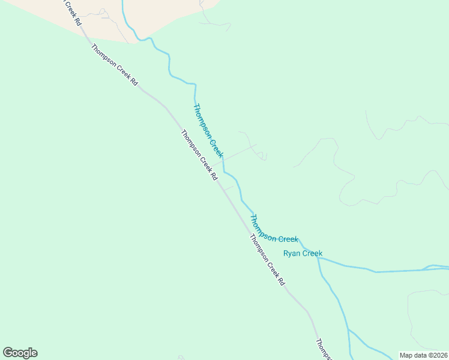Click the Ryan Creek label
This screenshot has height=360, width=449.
[x=303, y=253]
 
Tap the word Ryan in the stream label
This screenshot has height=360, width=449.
[x=292, y=253]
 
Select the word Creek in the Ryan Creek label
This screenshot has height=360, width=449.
[x=312, y=253]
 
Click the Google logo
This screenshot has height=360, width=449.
[x=20, y=353]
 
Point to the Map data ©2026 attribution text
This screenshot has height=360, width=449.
[x=423, y=355]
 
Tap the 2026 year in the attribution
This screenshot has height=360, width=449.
[x=438, y=355]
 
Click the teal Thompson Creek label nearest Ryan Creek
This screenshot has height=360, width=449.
[x=273, y=230]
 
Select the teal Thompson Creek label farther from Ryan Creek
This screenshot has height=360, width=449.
[x=208, y=131]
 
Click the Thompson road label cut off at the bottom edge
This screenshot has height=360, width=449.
[x=323, y=350]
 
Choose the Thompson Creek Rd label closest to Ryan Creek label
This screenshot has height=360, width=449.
[x=267, y=259]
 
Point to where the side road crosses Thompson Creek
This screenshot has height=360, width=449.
[x=223, y=160]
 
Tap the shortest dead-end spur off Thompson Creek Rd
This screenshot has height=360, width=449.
[x=229, y=188]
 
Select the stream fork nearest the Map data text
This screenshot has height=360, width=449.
[x=349, y=330]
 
